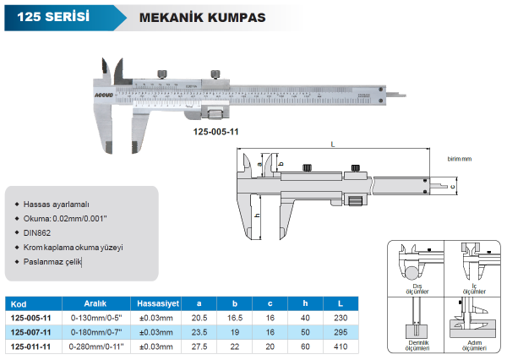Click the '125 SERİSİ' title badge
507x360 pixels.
(x=50, y=15)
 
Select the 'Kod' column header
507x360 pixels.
(x=19, y=303)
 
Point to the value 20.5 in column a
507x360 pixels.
(x=199, y=319)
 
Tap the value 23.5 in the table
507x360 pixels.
(x=199, y=333)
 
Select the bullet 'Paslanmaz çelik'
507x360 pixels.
(x=53, y=263)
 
